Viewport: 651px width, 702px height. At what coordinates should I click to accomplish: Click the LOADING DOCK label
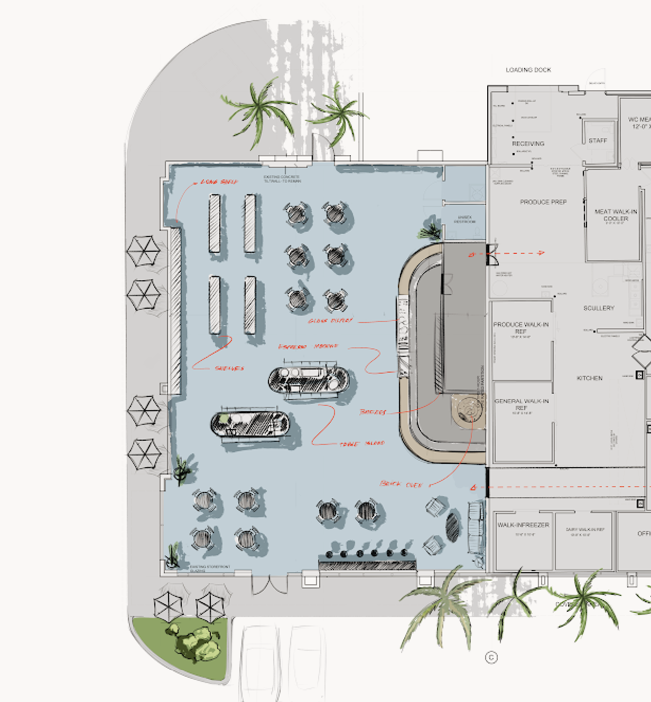click(528, 70)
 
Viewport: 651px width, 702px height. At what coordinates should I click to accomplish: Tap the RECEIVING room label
click(528, 144)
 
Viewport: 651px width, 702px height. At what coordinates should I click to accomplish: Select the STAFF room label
click(598, 140)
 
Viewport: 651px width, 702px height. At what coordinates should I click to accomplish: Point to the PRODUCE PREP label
click(543, 202)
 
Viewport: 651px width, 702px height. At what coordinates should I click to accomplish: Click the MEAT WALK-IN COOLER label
click(616, 215)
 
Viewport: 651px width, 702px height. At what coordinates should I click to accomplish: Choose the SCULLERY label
click(599, 308)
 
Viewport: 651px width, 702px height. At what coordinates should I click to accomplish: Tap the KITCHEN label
click(590, 378)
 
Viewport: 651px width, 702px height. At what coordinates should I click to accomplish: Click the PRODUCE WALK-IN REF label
click(520, 328)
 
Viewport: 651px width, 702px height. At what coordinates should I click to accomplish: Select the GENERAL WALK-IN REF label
click(521, 404)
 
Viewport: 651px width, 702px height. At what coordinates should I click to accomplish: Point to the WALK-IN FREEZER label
click(523, 525)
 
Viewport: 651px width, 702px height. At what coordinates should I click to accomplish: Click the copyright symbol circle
click(491, 657)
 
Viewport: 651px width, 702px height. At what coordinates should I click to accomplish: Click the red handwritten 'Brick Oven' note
click(401, 483)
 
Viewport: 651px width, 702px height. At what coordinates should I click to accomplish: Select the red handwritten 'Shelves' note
click(229, 368)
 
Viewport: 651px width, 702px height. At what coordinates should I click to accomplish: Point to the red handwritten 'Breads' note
click(373, 412)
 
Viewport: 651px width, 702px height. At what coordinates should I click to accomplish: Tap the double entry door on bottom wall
click(269, 583)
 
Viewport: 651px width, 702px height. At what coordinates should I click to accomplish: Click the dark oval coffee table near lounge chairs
click(453, 526)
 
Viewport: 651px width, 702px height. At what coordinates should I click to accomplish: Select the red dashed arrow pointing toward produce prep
click(507, 254)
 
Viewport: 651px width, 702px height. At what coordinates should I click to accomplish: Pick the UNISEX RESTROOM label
click(465, 219)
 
